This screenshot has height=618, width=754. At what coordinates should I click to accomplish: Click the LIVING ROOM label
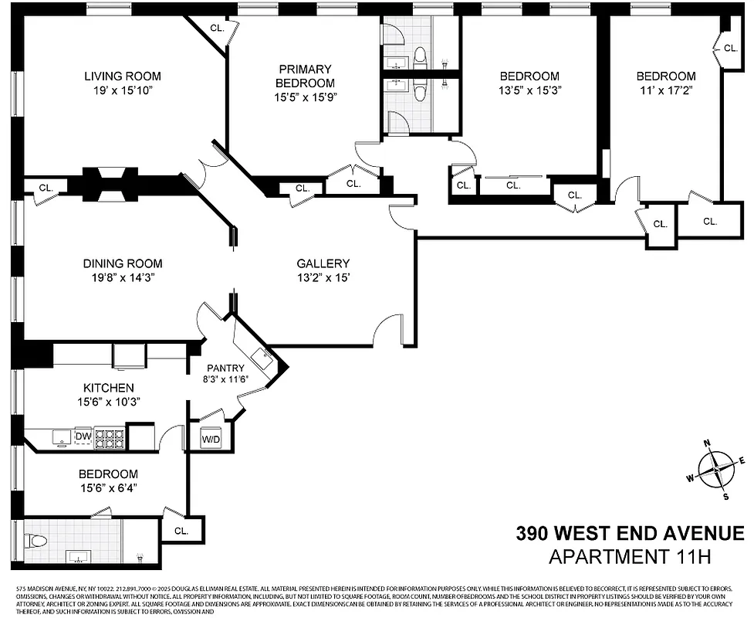tap(123, 76)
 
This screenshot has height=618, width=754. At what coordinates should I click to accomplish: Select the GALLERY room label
tap(323, 263)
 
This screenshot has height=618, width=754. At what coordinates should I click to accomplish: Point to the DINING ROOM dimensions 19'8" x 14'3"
tap(123, 278)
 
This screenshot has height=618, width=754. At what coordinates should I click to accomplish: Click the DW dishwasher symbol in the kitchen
tap(83, 437)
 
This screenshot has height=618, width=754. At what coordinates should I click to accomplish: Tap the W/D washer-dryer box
tap(211, 438)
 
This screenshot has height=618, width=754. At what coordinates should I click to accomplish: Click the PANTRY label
tap(225, 368)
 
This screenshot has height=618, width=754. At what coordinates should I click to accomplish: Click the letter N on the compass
tap(706, 443)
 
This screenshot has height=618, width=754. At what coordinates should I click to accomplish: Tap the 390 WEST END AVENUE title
tap(630, 533)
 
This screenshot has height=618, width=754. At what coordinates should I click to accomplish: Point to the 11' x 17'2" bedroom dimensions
tap(665, 90)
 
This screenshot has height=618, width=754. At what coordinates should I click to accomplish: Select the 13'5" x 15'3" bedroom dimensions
tap(529, 90)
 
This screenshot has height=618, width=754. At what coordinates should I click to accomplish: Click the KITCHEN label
tap(108, 387)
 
